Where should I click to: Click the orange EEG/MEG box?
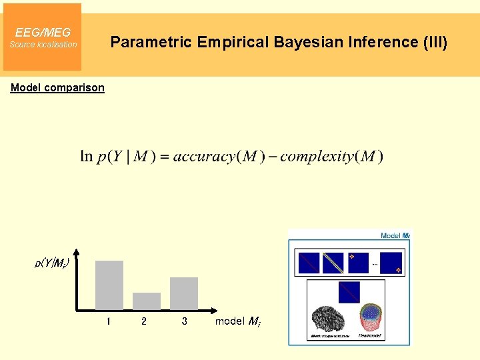point(42,37)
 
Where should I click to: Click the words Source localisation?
point(43,45)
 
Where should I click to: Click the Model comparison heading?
point(57,87)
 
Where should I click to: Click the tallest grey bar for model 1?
point(109,285)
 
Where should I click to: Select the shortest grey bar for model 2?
point(147,301)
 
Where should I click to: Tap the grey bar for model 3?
point(184,293)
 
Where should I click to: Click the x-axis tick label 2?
point(144,321)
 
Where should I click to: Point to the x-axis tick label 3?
point(184,321)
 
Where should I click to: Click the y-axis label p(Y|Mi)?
point(52,263)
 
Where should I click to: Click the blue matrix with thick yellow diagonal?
point(333,263)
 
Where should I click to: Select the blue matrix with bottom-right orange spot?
point(391,263)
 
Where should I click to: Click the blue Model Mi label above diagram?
point(395,235)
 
